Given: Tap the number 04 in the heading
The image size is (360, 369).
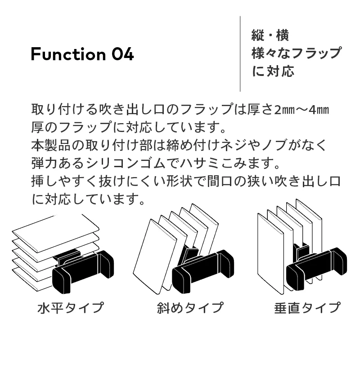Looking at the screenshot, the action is click(123, 54).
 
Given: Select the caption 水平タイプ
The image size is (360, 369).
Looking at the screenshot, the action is click(71, 307).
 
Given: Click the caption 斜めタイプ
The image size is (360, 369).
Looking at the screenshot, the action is click(190, 307).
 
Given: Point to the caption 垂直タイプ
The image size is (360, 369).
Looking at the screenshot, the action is click(307, 307).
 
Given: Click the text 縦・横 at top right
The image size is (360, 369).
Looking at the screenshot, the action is click(270, 36).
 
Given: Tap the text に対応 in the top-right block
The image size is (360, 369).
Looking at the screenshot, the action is click(273, 71).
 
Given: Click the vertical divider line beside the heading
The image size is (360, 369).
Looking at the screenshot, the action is click(240, 53).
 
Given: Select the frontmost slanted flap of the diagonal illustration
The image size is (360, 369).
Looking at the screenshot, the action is click(155, 257).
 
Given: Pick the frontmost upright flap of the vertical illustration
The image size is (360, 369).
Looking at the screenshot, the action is click(270, 253).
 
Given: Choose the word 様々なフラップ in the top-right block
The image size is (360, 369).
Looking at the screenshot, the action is click(297, 53).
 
